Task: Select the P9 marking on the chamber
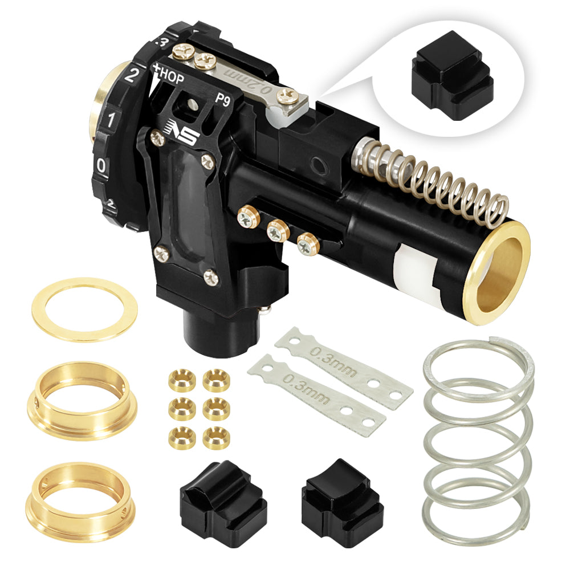click(x=223, y=97)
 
